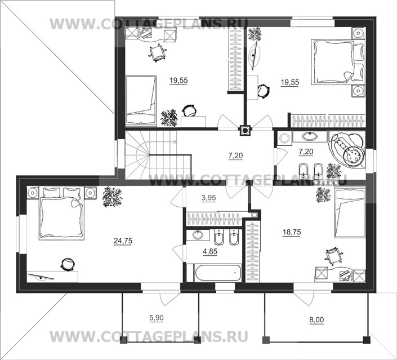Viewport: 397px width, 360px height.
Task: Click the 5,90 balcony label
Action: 157,318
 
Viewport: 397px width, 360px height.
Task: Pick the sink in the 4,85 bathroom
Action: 198,235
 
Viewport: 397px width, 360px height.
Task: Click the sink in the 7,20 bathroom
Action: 309,136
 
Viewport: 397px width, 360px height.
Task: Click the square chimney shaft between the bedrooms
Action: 246,130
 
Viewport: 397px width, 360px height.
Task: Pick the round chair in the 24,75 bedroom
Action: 69,263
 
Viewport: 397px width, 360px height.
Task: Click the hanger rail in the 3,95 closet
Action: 214,219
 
